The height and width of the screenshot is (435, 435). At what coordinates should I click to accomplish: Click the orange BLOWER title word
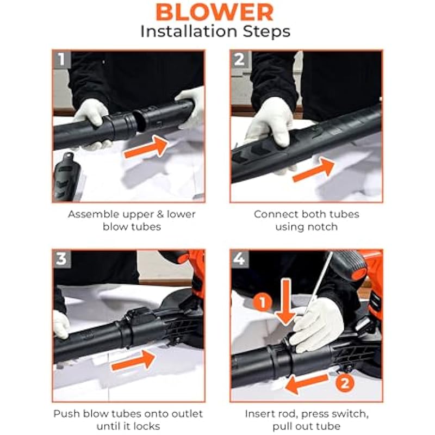pyautogui.click(x=214, y=13)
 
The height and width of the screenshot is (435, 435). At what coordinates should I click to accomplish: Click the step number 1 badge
pyautogui.click(x=61, y=59)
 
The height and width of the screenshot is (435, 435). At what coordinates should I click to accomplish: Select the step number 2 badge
pyautogui.click(x=239, y=59)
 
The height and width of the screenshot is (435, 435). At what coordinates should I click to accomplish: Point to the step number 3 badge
pyautogui.click(x=61, y=259)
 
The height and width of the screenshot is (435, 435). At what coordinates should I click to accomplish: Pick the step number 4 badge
pyautogui.click(x=239, y=259)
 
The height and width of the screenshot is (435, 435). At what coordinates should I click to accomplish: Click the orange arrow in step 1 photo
pyautogui.click(x=146, y=146)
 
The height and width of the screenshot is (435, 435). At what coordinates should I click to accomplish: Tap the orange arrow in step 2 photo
pyautogui.click(x=314, y=170)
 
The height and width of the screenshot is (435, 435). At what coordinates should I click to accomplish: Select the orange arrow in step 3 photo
pyautogui.click(x=133, y=360)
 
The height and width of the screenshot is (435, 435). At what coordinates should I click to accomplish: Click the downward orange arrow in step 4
pyautogui.click(x=286, y=302)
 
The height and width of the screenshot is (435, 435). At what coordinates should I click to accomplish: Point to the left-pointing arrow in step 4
pyautogui.click(x=307, y=383)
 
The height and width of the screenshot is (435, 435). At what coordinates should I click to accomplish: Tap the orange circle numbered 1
pyautogui.click(x=263, y=302)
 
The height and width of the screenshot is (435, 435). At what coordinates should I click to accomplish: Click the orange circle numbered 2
pyautogui.click(x=345, y=383)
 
